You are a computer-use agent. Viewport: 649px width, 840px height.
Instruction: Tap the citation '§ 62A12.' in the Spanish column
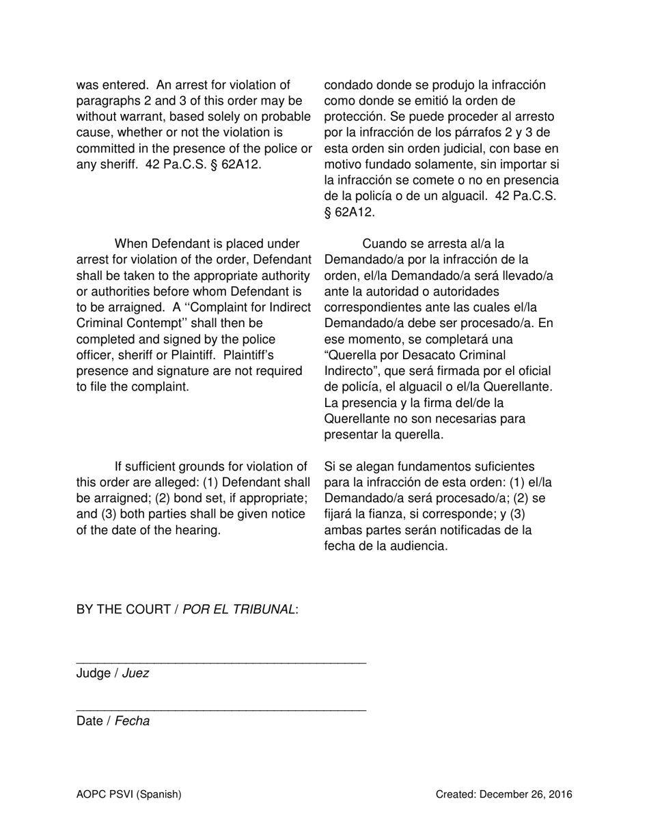click(349, 212)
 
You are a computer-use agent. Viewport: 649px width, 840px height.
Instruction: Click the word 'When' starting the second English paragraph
click(130, 244)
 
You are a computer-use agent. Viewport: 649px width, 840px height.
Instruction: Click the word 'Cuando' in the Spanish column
click(384, 244)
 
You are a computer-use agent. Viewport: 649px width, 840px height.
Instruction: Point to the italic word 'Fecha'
click(132, 721)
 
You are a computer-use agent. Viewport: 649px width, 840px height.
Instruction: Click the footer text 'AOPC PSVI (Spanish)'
click(128, 794)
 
